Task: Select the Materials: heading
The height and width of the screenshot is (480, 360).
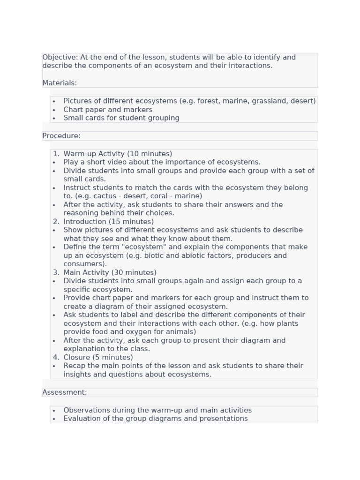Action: click(x=60, y=83)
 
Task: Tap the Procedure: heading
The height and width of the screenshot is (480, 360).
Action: click(x=61, y=136)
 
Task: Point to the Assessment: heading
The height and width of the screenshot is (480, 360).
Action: click(x=65, y=392)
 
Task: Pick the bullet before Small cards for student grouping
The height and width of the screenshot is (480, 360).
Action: click(x=54, y=118)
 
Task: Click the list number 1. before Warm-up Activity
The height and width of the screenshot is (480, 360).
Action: click(x=56, y=154)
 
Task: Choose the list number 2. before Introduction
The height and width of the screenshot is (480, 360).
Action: click(x=56, y=222)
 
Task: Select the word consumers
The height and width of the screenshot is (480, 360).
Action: click(x=83, y=264)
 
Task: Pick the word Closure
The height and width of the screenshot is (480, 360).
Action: click(x=77, y=357)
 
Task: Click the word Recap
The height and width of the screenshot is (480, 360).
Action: click(x=75, y=366)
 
